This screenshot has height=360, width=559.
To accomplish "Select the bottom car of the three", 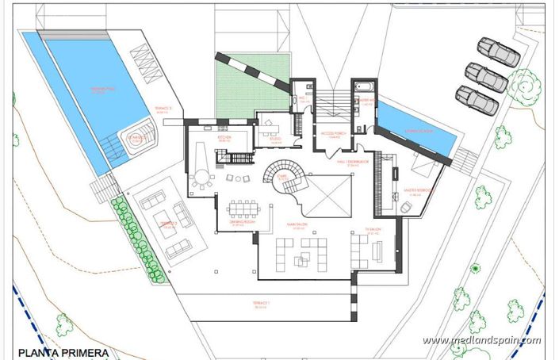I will pos(477,101).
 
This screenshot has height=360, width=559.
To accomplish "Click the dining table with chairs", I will pos(243,209).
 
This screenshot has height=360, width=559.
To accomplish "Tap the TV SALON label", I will pos(370,230).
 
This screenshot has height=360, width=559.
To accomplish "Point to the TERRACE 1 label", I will pos(262,304).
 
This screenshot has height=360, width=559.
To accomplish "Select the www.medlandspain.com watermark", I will pos(481,341).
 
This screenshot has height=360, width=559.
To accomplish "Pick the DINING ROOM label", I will pos(241,223).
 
